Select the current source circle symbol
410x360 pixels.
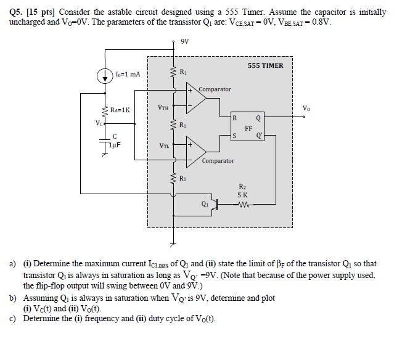[x=103, y=75]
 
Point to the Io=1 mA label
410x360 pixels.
[x=127, y=75]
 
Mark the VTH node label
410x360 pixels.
[x=163, y=107]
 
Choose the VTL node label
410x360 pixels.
[x=163, y=146]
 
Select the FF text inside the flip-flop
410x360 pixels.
[x=248, y=129]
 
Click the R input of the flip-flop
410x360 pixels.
[x=234, y=117]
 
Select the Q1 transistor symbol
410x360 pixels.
[x=213, y=206]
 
